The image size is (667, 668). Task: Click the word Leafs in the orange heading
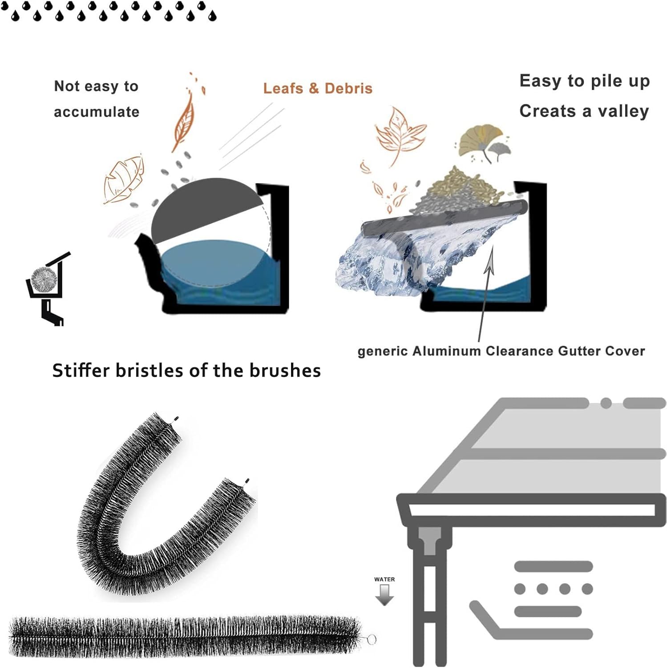[283, 88]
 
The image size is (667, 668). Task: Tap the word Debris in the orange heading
[348, 88]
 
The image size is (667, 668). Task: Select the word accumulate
[97, 112]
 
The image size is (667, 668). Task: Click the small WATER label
[384, 579]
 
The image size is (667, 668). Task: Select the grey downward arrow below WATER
[384, 595]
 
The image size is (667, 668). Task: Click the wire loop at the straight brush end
[371, 639]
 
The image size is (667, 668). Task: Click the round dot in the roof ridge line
[606, 403]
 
